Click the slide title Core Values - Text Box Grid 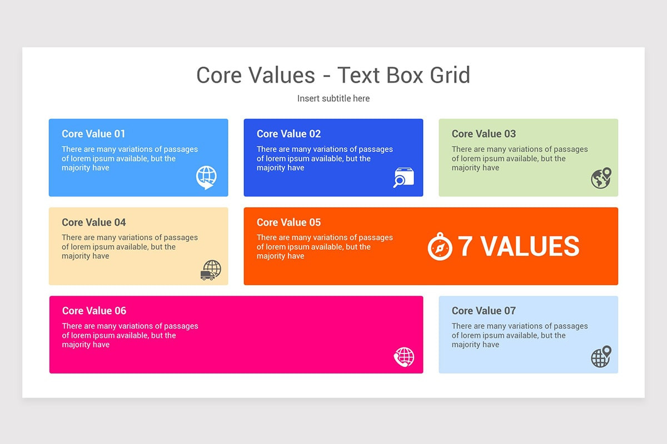[333, 75]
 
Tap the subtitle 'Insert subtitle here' [333, 98]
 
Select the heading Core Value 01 [93, 134]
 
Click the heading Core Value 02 [288, 134]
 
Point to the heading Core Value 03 [484, 134]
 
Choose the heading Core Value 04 [93, 222]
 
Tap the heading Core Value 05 [288, 222]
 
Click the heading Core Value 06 [94, 311]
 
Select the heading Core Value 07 [484, 311]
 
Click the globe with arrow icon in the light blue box [206, 178]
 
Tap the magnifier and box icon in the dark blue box [404, 178]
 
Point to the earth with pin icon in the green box [601, 178]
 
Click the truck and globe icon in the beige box [211, 270]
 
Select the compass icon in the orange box [440, 247]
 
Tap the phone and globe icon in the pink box [404, 357]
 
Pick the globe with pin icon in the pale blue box [601, 357]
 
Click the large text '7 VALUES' [518, 247]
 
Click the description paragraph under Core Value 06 [130, 335]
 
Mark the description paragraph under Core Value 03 [519, 158]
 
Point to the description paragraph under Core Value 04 [130, 247]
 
